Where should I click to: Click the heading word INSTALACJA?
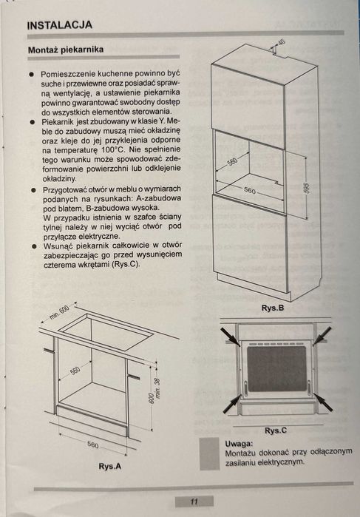(x=60, y=24)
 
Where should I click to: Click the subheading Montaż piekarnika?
(x=64, y=50)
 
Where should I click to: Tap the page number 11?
(x=193, y=502)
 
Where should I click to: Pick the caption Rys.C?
(x=275, y=430)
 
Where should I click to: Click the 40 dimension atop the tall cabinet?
(x=281, y=44)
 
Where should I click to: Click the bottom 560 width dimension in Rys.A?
(x=92, y=445)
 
